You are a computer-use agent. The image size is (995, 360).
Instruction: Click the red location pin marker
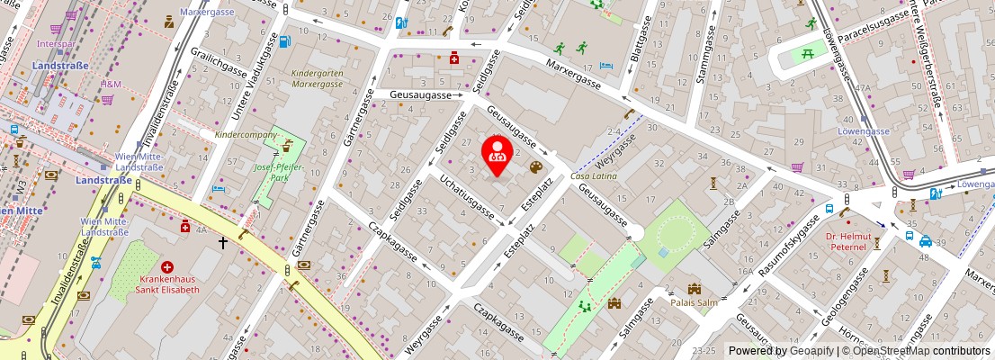(x=496, y=154)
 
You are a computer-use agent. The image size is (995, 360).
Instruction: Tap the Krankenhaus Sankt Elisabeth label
(x=167, y=284)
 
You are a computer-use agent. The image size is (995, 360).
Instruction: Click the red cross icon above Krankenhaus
(x=167, y=267)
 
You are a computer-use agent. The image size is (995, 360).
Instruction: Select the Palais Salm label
(x=695, y=302)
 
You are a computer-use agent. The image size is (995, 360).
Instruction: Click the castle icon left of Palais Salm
(x=694, y=289)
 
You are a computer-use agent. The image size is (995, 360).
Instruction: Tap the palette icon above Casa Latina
(x=536, y=166)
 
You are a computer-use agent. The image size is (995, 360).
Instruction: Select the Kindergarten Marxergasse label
(x=318, y=77)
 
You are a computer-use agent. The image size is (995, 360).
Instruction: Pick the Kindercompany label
(x=247, y=134)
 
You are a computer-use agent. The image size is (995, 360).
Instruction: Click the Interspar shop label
(x=56, y=43)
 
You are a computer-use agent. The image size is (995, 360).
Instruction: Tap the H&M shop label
(x=111, y=85)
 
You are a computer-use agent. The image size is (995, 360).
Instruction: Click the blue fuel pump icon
(x=285, y=40)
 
